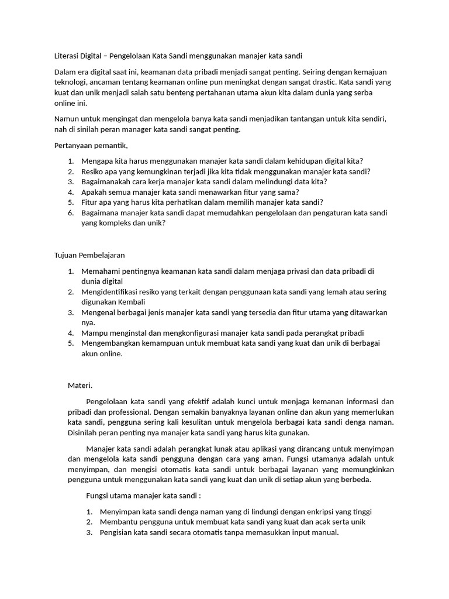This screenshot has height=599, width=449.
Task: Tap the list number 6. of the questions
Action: (x=71, y=213)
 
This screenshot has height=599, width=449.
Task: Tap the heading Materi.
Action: (x=80, y=385)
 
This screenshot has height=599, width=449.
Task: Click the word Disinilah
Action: (x=85, y=433)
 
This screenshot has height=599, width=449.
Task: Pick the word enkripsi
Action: (x=311, y=512)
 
